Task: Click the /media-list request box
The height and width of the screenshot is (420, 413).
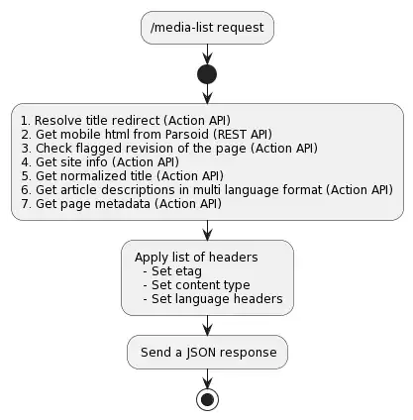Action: click(207, 28)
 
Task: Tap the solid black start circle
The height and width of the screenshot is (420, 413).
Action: click(207, 74)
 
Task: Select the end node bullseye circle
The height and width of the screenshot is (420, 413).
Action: click(207, 399)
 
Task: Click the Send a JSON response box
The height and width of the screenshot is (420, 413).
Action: click(207, 352)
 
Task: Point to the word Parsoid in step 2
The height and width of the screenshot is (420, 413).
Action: click(187, 135)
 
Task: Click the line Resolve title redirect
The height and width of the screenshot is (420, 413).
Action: click(126, 121)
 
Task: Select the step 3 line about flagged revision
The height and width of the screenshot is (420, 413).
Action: click(169, 149)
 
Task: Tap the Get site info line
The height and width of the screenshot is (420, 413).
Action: click(100, 162)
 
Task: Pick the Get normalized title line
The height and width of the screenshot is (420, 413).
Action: click(122, 176)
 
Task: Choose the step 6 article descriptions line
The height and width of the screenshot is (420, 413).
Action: click(207, 190)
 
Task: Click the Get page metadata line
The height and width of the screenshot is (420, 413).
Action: click(121, 204)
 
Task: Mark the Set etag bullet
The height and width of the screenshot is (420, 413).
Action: click(172, 271)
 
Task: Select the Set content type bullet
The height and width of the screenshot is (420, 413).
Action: click(197, 285)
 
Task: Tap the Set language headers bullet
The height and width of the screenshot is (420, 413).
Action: click(213, 299)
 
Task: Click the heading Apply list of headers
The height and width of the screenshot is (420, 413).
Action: click(196, 258)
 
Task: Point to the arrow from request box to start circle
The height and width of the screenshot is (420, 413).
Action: click(207, 54)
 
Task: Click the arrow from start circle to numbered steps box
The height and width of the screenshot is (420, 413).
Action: click(207, 94)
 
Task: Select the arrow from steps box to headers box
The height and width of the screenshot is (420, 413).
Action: click(207, 230)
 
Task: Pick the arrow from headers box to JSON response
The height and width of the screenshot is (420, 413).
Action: click(207, 326)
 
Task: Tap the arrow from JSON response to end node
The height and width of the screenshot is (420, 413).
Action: click(207, 378)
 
